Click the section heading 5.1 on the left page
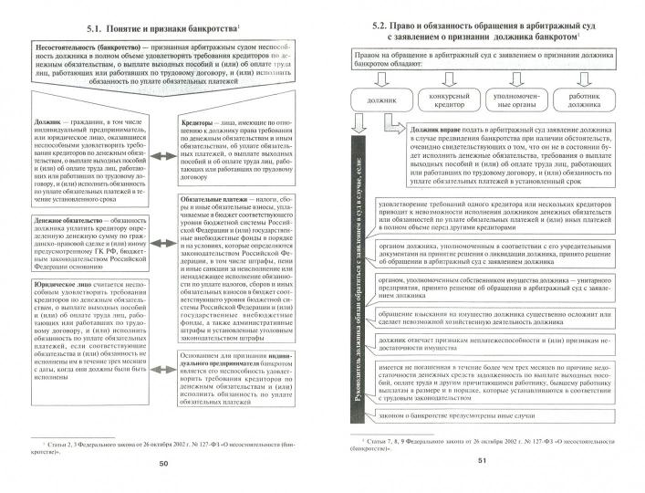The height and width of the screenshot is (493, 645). (x=161, y=28)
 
